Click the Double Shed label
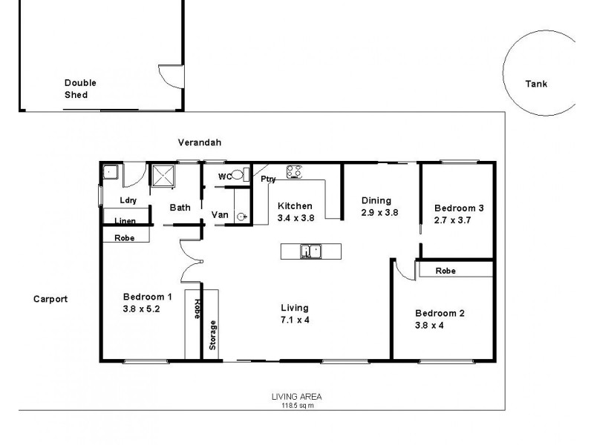coord(79,89)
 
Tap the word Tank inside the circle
coord(535,84)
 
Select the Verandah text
coord(200,142)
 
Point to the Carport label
coord(50,299)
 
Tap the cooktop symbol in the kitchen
coord(295,172)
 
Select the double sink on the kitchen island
coord(310,252)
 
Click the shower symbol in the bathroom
coord(162,175)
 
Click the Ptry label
coord(268,179)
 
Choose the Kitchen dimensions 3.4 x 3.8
coord(295,219)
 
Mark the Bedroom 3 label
coord(459,208)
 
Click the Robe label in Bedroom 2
coord(446,271)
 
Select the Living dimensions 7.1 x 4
coord(294,321)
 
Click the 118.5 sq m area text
coord(296,405)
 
